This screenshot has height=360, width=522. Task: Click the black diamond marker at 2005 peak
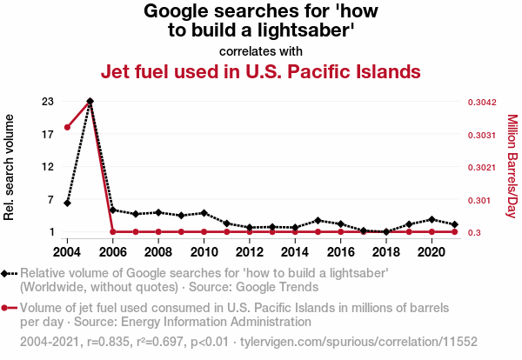pyautogui.click(x=90, y=102)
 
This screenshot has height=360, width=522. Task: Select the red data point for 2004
pyautogui.click(x=68, y=128)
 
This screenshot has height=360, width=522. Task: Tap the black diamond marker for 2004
pyautogui.click(x=68, y=203)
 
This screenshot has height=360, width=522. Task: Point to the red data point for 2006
pyautogui.click(x=113, y=231)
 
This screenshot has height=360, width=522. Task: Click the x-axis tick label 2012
pyautogui.click(x=250, y=252)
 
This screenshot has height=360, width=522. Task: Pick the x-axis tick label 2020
pyautogui.click(x=431, y=252)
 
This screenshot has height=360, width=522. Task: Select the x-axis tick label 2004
pyautogui.click(x=68, y=252)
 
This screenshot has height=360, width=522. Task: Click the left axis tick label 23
pyautogui.click(x=48, y=102)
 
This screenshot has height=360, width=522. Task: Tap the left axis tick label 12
pyautogui.click(x=48, y=166)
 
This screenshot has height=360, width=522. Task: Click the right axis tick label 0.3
pyautogui.click(x=474, y=232)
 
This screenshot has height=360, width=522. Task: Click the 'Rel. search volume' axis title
pyautogui.click(x=10, y=166)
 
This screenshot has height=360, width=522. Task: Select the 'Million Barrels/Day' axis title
pyautogui.click(x=512, y=166)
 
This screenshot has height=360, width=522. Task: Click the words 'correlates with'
pyautogui.click(x=261, y=50)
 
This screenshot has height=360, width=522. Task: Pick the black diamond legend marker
pyautogui.click(x=7, y=273)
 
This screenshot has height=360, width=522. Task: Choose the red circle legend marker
pyautogui.click(x=7, y=307)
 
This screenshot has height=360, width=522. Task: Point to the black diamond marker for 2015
pyautogui.click(x=318, y=221)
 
